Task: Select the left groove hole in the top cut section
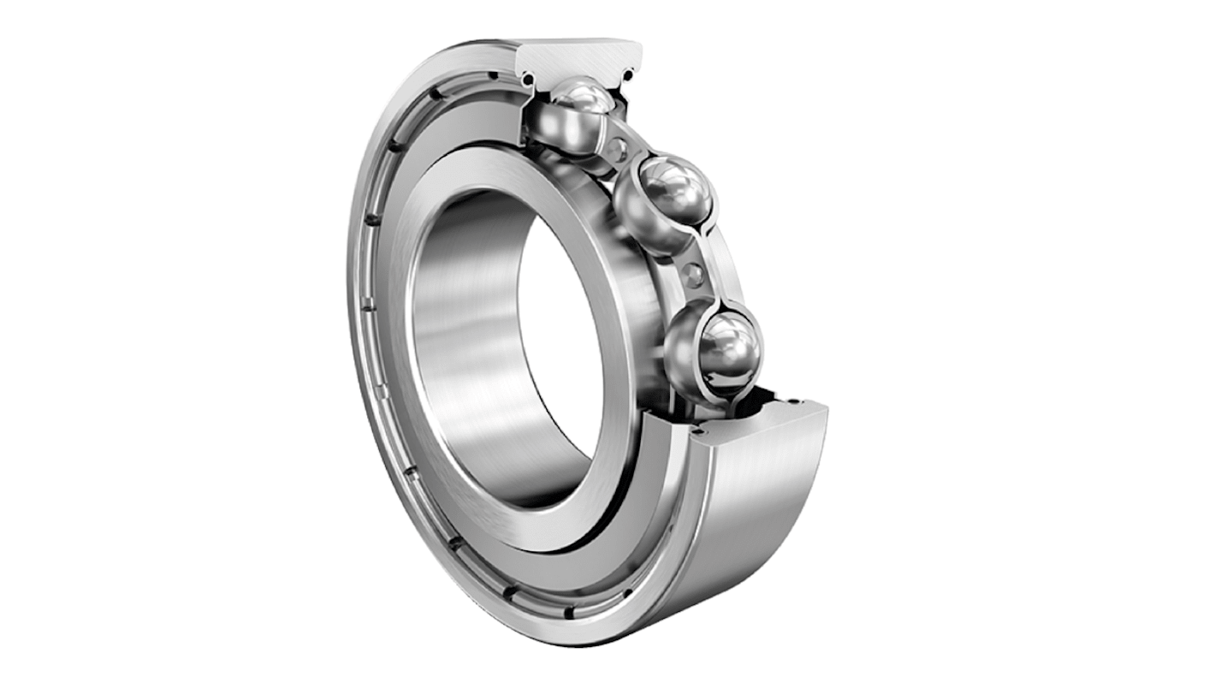pos(528,80)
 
